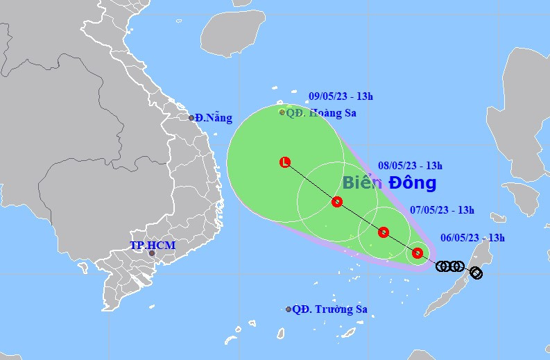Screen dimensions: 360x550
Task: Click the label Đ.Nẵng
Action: pos(214,118)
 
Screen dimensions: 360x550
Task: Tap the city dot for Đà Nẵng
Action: pos(192,118)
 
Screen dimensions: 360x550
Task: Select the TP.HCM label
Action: pos(153,246)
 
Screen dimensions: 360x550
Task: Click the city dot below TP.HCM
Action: pos(152,254)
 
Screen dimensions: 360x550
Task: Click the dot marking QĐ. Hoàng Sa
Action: pos(282,112)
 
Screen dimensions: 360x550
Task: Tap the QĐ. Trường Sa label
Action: pos(330,309)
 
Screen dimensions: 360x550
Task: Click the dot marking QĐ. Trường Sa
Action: pos(289,309)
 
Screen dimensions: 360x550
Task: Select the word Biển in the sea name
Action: pos(361,183)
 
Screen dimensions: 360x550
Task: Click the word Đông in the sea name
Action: pos(412,183)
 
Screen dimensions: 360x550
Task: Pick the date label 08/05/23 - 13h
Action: pos(411,166)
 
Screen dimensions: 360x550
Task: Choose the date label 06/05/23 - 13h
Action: pos(472,238)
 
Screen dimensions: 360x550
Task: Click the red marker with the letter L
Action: pos(285,162)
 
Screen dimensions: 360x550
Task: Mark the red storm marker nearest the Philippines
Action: pos(418,253)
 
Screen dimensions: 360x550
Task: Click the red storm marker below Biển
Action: pos(384,232)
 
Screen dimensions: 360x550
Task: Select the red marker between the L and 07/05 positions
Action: pos(337,202)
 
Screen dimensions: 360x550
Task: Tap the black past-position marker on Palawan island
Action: pos(476,273)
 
